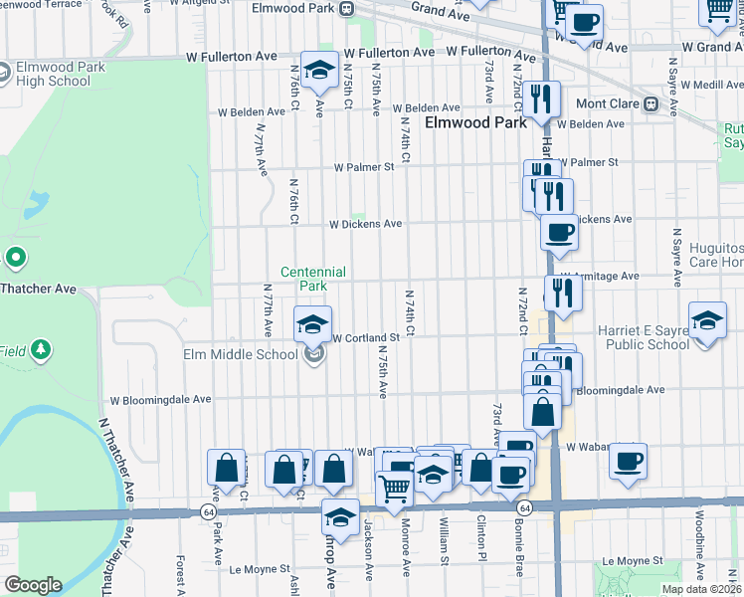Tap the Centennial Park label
(x=312, y=279)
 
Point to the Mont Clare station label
(x=612, y=103)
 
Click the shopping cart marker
(x=395, y=490)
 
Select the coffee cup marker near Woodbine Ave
(x=629, y=462)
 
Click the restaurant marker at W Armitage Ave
(x=564, y=293)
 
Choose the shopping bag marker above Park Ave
(x=226, y=468)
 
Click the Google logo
(x=34, y=585)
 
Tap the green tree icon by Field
(x=40, y=349)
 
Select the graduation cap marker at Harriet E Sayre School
(x=708, y=321)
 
